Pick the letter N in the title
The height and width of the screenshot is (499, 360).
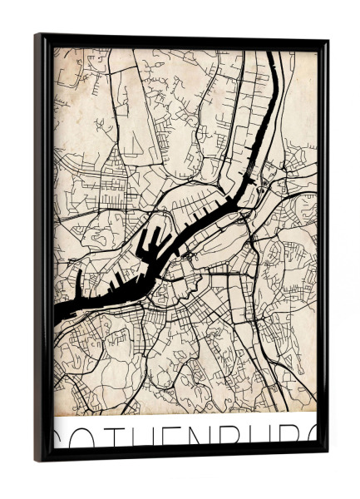tap(223, 438)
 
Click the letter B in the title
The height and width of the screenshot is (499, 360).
tap(255, 438)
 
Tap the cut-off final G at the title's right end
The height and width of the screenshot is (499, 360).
tap(317, 438)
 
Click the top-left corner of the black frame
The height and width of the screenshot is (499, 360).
tap(37, 36)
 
